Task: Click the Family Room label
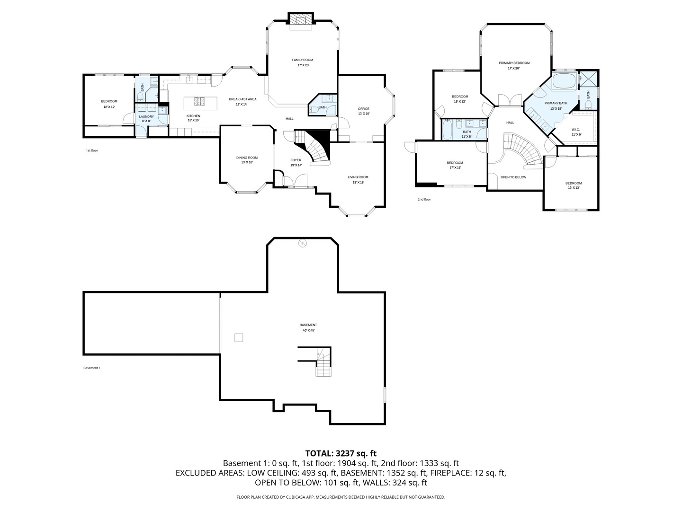[302, 60]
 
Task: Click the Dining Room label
[247, 158]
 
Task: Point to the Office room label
[363, 109]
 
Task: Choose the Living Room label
[358, 177]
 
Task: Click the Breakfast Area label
[242, 99]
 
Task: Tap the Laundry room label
[146, 116]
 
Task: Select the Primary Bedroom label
[514, 63]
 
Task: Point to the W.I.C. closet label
[575, 129]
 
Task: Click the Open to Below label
[513, 177]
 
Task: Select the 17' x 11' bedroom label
[454, 163]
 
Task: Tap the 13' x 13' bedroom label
[573, 183]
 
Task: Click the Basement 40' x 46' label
[308, 325]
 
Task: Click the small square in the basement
[239, 337]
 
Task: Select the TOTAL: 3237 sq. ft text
[341, 453]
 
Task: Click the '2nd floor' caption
[424, 200]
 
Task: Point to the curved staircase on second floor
[523, 150]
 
